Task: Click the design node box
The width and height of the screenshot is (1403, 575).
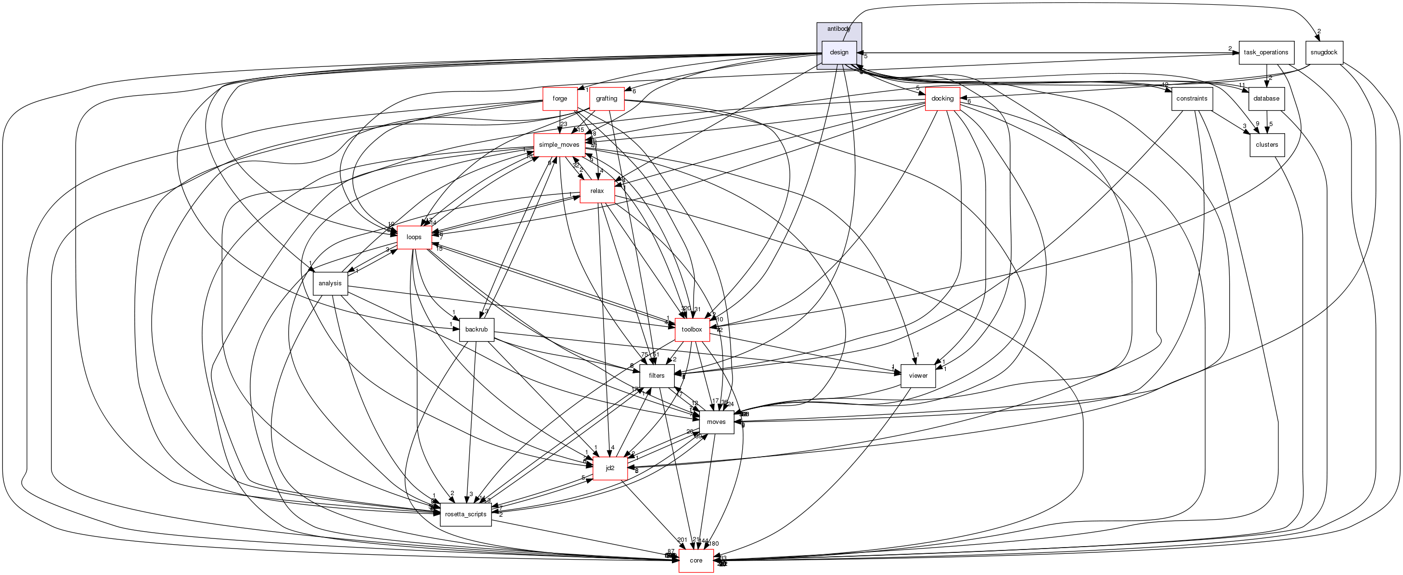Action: pos(839,53)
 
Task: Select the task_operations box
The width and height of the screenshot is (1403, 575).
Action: pos(1266,53)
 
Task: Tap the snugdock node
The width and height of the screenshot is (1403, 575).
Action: pos(1324,53)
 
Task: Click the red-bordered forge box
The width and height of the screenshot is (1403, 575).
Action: pos(560,99)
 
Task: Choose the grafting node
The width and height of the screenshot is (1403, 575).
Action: pos(606,99)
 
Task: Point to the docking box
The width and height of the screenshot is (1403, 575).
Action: pos(942,99)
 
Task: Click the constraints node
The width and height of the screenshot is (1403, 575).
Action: pos(1192,99)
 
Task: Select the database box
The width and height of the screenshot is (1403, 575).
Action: pos(1266,99)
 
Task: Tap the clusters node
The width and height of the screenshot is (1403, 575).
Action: pos(1266,145)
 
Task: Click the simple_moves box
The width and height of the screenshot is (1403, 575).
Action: pos(559,145)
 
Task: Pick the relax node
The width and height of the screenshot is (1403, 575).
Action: pos(597,192)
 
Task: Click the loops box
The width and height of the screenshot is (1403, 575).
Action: pos(414,237)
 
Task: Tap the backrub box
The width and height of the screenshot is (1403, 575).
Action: pos(476,330)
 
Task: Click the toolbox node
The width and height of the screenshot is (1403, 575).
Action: pos(692,330)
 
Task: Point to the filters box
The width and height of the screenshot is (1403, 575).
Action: pos(656,376)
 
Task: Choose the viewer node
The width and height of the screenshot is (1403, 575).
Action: pos(918,376)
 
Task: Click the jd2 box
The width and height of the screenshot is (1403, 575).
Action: pos(610,468)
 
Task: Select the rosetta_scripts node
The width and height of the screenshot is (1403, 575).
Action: pos(466,514)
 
